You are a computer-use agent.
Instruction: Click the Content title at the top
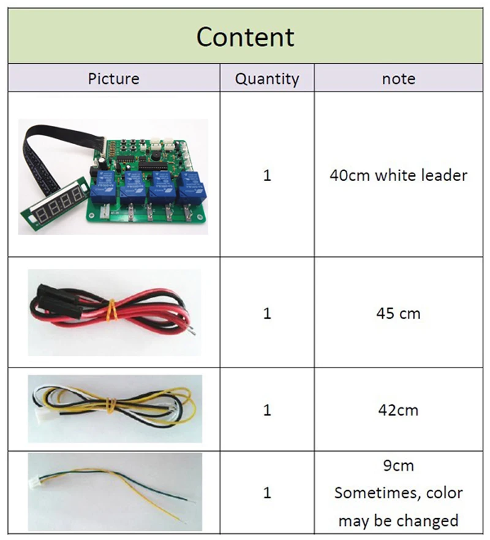pos(245,37)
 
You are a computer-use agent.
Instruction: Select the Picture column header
pos(113,79)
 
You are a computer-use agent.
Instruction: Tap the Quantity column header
pos(267,79)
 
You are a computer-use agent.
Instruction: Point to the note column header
pos(398,79)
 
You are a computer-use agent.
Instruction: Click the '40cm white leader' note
pos(398,175)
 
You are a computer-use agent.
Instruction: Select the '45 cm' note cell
pos(398,313)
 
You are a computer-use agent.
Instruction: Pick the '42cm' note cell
pos(398,409)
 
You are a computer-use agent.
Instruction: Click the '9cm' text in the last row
pos(398,465)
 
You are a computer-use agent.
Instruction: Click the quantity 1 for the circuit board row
pos(267,175)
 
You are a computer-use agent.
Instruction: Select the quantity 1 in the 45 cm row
pos(267,313)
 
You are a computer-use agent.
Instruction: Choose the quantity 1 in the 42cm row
pos(267,409)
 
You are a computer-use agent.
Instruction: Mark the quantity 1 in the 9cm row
pos(267,493)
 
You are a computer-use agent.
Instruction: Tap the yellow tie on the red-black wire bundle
pos(111,310)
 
